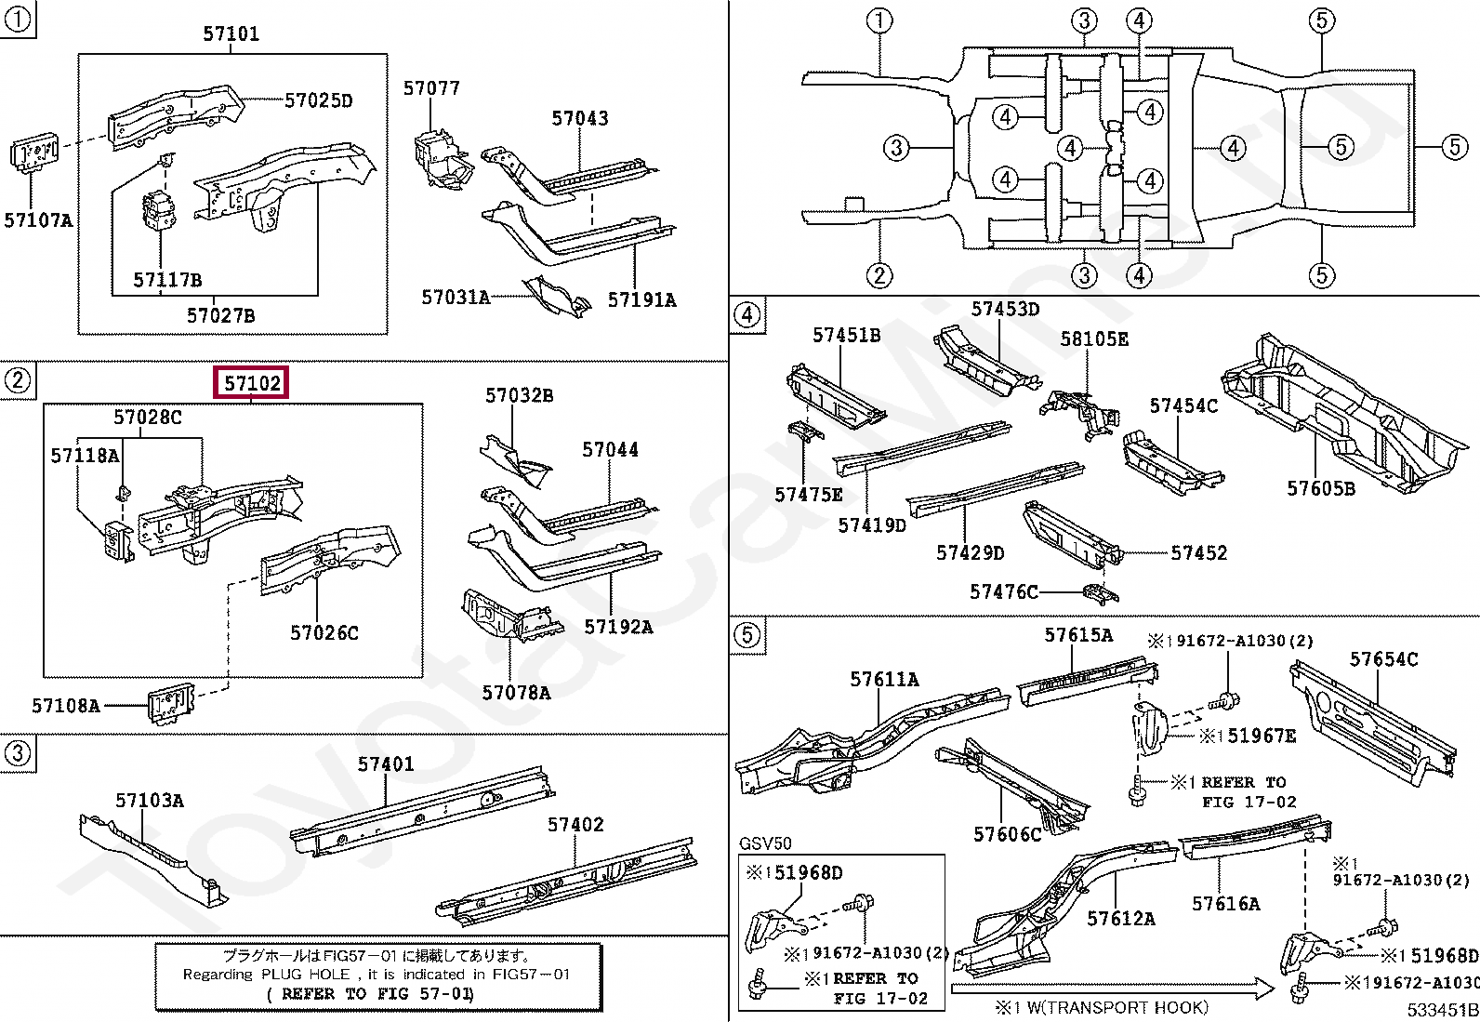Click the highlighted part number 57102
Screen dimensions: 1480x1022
(251, 383)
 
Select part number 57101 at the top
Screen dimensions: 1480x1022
(231, 33)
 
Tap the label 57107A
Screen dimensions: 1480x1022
(38, 219)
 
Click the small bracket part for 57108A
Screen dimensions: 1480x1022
(171, 705)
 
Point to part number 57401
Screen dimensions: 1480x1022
(386, 764)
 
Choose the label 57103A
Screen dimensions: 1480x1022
(150, 801)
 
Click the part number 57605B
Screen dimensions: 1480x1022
(1321, 488)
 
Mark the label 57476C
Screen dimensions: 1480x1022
(1004, 591)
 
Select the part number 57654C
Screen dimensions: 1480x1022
(1383, 659)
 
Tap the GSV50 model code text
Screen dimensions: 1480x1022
(765, 843)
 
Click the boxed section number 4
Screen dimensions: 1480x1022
(747, 314)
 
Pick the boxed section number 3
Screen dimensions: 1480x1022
(18, 753)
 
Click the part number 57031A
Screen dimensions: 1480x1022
(456, 298)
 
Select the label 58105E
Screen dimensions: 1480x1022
(1095, 339)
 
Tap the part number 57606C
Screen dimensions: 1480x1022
(1008, 834)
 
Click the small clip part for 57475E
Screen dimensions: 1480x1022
(805, 431)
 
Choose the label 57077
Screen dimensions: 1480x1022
(431, 88)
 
